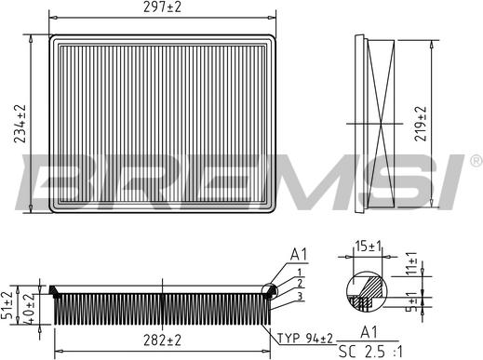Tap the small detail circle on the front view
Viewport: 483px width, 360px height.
(x=271, y=291)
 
